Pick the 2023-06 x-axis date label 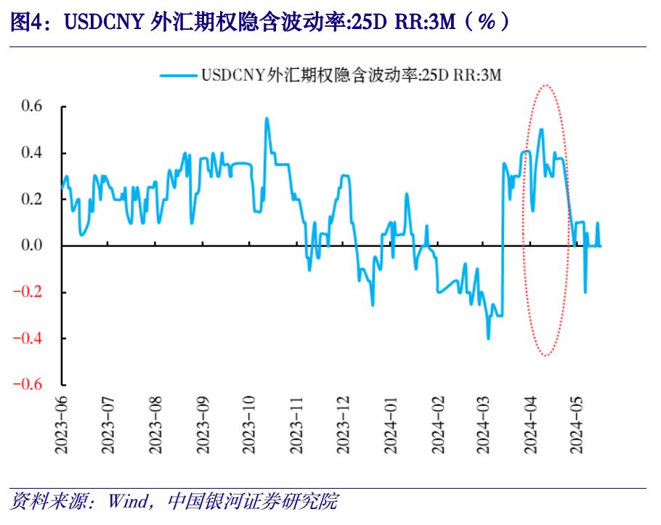click(x=61, y=426)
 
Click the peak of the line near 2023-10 click(x=267, y=118)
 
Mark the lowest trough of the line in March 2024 click(x=488, y=338)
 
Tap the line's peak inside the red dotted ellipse click(x=541, y=129)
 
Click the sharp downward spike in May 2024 click(x=585, y=293)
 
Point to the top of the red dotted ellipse click(x=546, y=85)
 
